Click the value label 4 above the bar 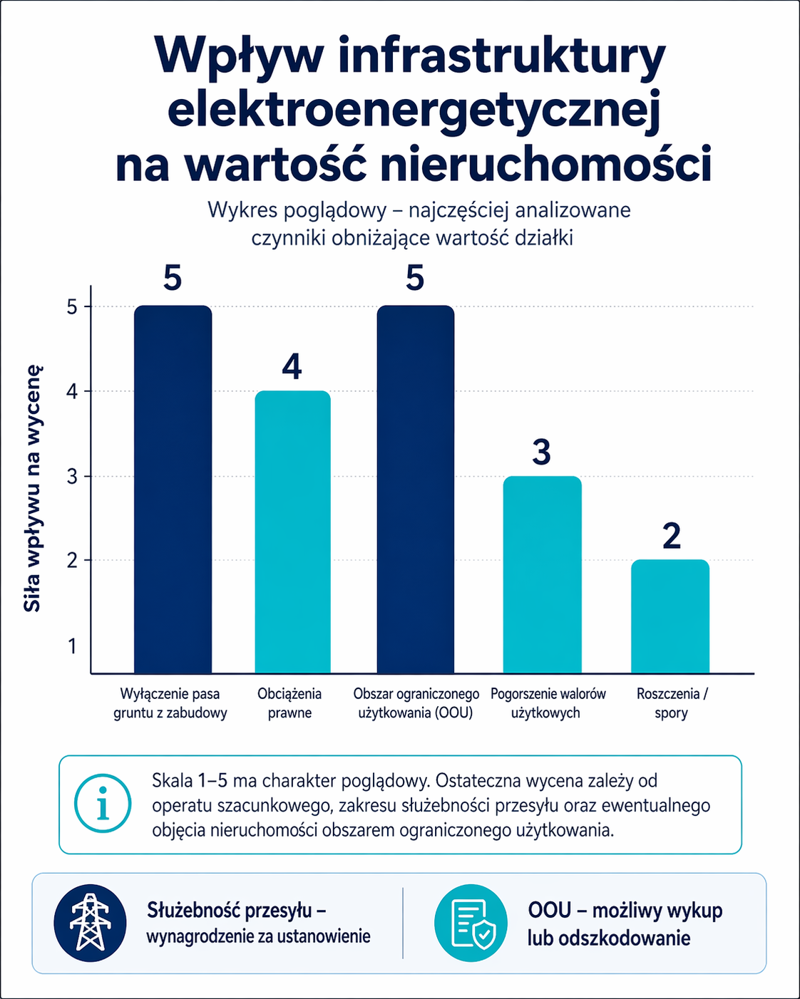coord(292,366)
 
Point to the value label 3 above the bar coord(542,452)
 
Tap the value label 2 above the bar coord(671,537)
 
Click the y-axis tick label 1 coord(72,646)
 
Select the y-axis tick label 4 coord(72,391)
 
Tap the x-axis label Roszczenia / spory coord(672,703)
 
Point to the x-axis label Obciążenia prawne coord(289,703)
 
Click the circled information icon coord(103,804)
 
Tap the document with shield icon coord(471,923)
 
